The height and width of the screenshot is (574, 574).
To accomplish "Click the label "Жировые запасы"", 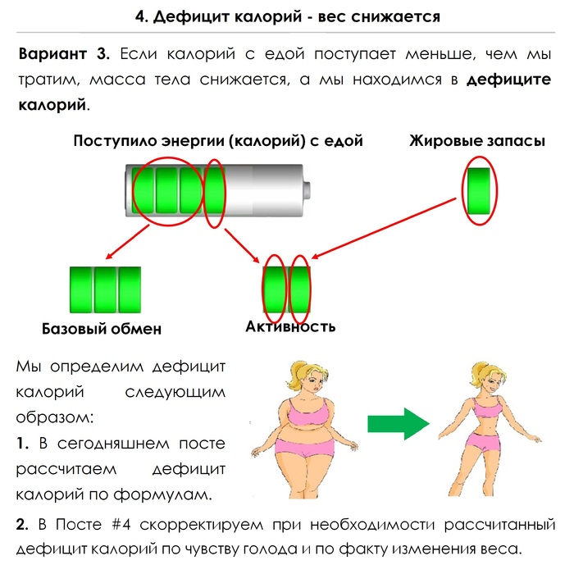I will tap(476, 141).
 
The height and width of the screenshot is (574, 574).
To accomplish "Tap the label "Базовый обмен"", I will tap(101, 329).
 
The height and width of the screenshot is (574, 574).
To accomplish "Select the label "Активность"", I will tap(290, 326).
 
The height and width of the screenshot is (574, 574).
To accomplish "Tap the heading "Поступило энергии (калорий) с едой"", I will tap(218, 141).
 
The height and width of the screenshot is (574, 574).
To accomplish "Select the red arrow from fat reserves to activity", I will tap(385, 227).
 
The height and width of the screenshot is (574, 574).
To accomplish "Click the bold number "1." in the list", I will tap(22, 444).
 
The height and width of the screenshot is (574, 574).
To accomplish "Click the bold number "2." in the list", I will tap(22, 523).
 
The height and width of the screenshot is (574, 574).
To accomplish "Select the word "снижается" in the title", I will tap(390, 16).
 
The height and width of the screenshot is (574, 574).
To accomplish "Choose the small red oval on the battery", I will tap(214, 194).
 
